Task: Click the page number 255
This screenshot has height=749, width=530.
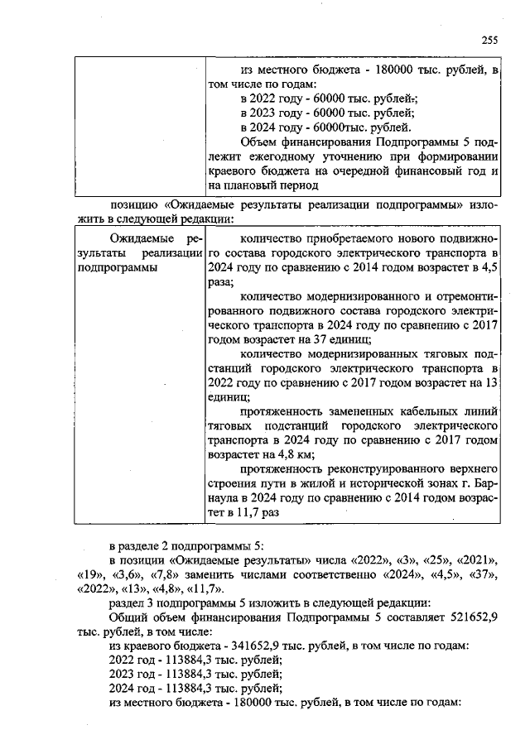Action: pos(489,38)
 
